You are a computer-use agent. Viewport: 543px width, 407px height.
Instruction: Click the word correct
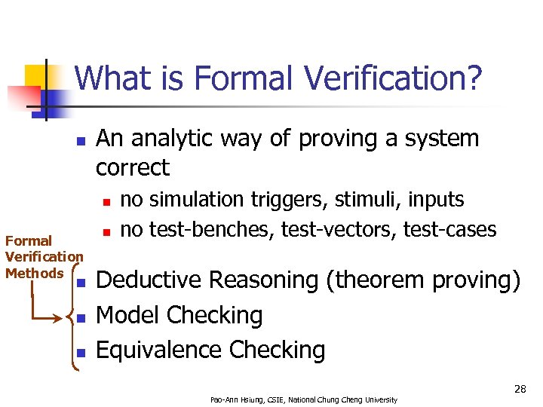tap(133, 167)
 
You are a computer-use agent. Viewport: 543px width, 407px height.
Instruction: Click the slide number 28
tap(520, 389)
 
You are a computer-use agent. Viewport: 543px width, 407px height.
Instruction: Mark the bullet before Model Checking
tap(81, 317)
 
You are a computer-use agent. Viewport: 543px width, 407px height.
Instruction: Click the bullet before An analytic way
tap(81, 141)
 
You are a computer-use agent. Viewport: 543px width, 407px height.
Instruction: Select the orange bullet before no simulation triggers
tap(107, 201)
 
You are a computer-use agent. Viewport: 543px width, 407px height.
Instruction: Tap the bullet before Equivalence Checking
tap(81, 352)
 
